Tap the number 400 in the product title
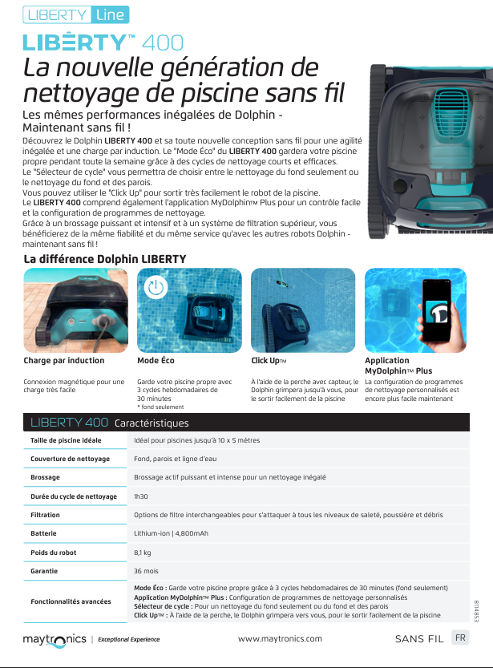pos(163,43)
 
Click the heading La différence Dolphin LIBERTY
pos(105,259)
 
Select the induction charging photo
pos(75,310)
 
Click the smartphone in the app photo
pos(436,313)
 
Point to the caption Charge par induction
pos(64,361)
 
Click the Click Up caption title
pos(269,361)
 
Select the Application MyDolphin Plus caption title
pos(398,366)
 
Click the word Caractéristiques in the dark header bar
pos(152,423)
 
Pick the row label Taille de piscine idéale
pos(66,441)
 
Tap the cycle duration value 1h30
pos(141,497)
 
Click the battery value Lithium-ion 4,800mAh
pos(172,533)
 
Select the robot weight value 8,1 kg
pos(143,553)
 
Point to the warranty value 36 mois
pos(146,572)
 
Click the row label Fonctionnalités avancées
pos(71,601)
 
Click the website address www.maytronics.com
pos(281,639)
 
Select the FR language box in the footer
pos(460,638)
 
